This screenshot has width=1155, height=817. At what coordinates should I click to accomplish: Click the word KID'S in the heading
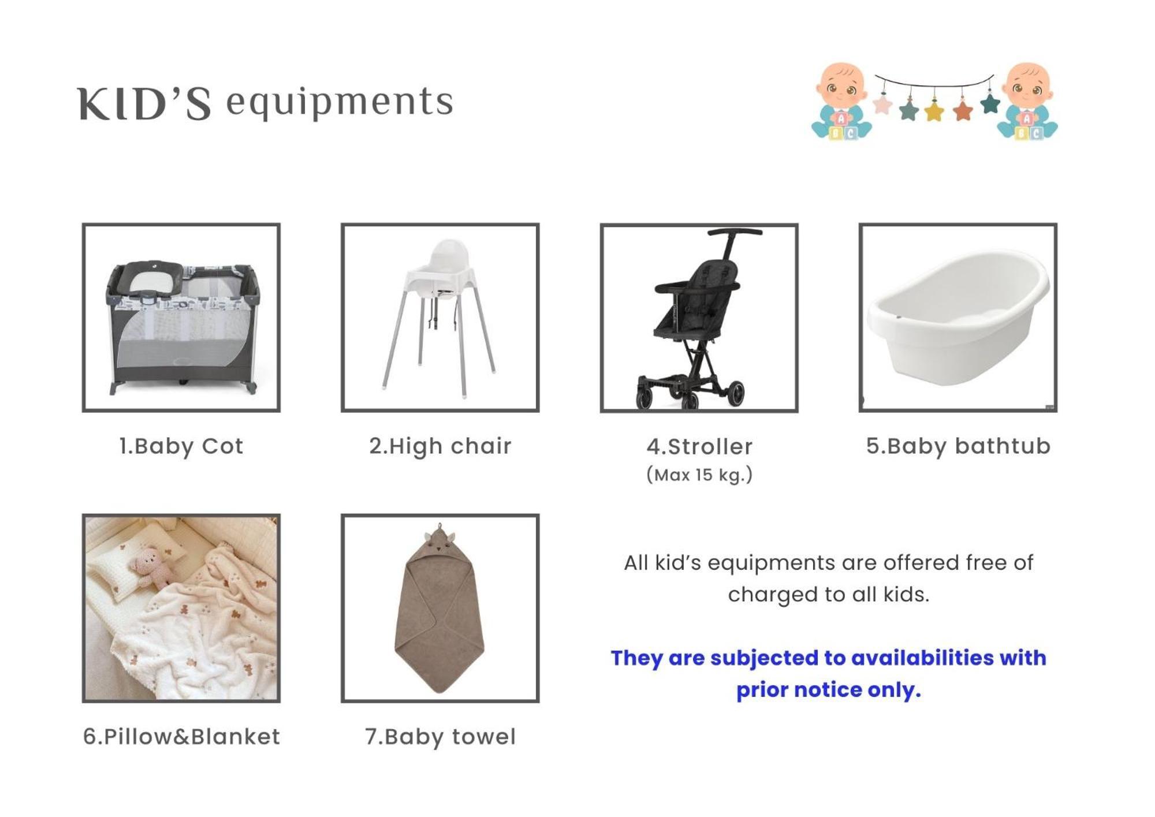pos(144,105)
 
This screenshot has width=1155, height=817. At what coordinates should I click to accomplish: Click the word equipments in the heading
pos(340,103)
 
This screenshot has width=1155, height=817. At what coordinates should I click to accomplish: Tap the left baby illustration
pos(841,102)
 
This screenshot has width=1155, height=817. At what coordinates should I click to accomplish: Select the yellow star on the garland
pos(934,110)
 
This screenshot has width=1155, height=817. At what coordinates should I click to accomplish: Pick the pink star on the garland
pos(882,105)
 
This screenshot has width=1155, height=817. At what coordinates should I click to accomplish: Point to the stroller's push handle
pos(734,232)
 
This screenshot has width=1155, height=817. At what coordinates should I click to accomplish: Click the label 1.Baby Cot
pos(181,446)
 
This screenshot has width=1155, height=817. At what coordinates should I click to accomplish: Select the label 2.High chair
pos(440,446)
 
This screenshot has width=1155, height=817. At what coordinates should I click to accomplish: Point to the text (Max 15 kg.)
pos(699,475)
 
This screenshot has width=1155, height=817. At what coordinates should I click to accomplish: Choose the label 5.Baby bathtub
pos(958,446)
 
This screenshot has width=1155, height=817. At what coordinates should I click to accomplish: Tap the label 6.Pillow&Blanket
pos(181,737)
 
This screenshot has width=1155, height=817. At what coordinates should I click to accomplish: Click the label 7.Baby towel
pos(440,737)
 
